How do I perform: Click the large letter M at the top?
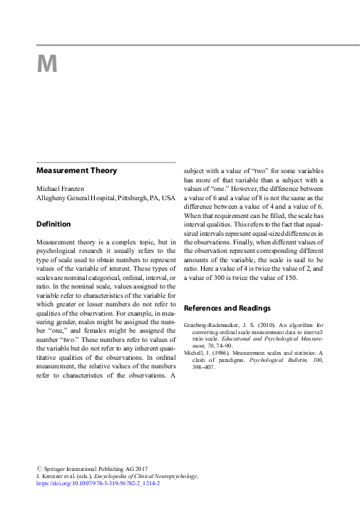click(46, 64)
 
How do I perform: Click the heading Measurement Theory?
click(76, 170)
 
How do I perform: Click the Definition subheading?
click(53, 224)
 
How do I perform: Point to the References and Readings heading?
click(227, 309)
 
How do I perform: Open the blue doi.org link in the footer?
click(98, 483)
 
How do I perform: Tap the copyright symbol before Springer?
click(39, 468)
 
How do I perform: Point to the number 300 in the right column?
click(220, 277)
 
